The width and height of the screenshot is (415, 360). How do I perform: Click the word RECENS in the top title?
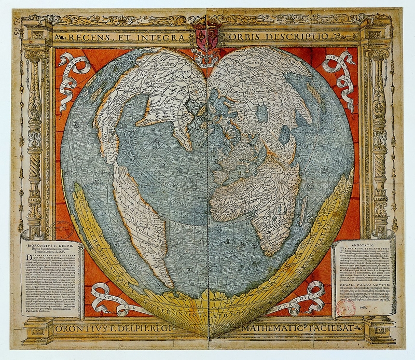pyautogui.click(x=85, y=37)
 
